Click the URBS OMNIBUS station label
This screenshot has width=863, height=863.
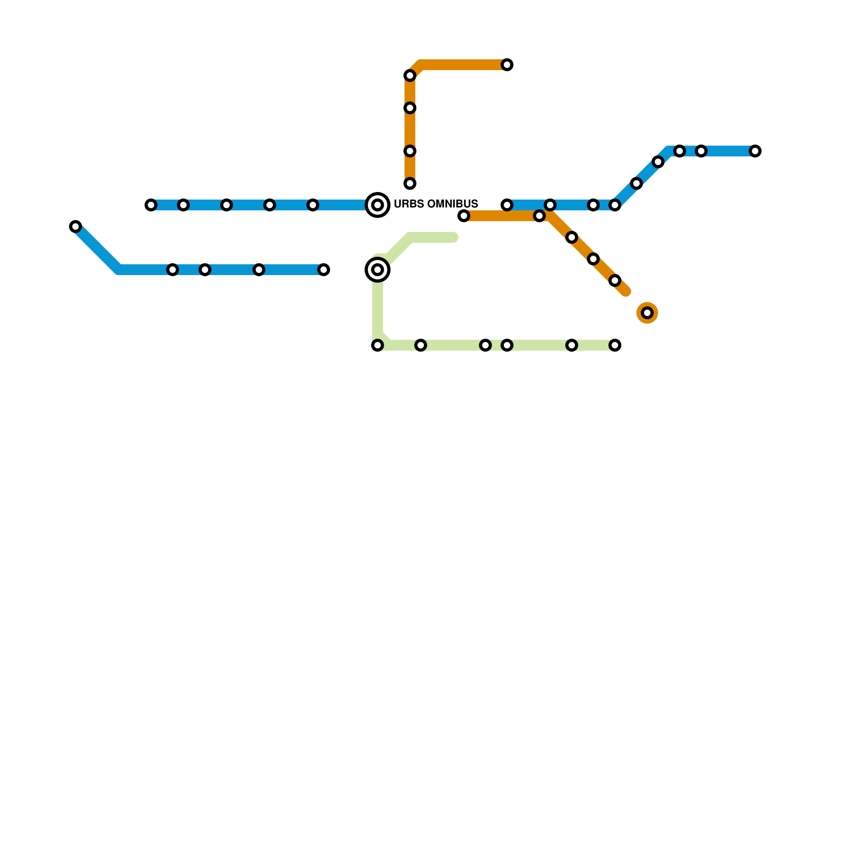436,204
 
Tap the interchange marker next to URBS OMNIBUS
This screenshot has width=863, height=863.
378,205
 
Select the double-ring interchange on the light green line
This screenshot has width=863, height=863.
378,270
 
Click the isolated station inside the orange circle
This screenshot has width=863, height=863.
647,313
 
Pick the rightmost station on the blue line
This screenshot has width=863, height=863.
755,151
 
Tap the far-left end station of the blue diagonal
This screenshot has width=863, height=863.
76,227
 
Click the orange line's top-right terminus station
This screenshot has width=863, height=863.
507,65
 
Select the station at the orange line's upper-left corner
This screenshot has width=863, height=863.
410,76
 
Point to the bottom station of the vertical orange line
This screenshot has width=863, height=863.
410,183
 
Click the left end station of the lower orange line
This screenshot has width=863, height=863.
464,216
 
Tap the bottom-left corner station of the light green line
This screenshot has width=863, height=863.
378,345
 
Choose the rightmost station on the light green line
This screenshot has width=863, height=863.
615,345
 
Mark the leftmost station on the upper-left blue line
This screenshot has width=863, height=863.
151,205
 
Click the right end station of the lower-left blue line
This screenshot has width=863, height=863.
324,270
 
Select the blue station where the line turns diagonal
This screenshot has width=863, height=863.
615,205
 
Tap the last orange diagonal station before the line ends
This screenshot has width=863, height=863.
615,280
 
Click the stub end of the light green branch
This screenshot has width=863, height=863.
454,237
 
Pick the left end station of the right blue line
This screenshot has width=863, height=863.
507,205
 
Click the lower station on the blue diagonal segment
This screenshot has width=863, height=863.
636,183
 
